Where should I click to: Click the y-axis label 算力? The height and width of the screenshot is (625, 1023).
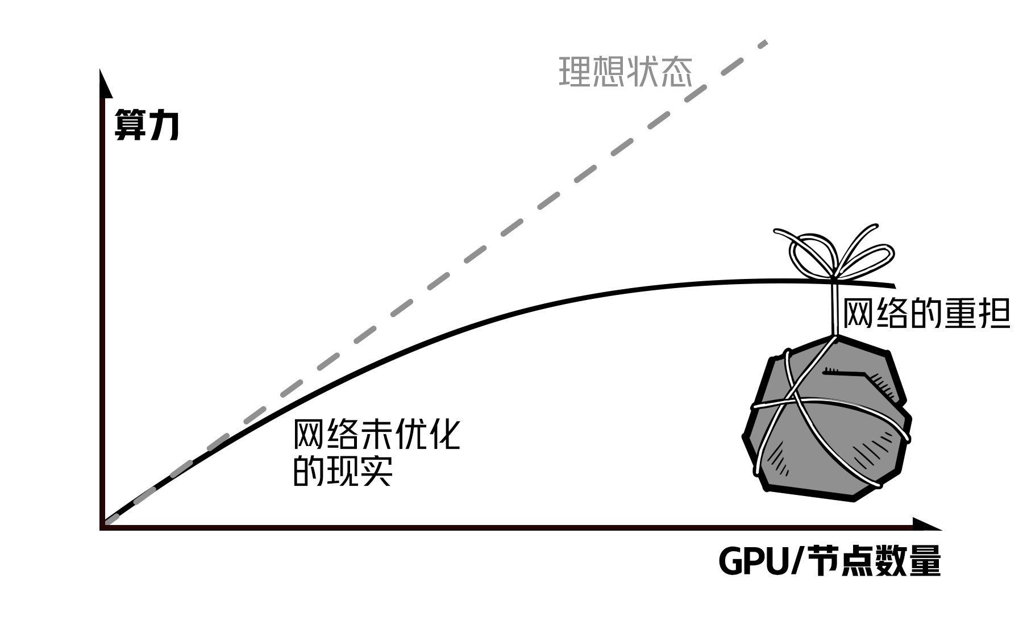coord(147,124)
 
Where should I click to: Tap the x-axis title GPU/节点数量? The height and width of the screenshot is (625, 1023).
coord(830,561)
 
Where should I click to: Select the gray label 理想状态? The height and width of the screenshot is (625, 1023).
coord(625,72)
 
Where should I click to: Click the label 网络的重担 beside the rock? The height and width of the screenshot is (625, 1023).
coord(926,313)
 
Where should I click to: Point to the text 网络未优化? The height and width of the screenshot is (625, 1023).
coord(376,435)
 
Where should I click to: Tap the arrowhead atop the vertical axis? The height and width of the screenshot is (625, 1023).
coord(104,82)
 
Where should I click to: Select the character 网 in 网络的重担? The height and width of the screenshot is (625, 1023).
coord(858,313)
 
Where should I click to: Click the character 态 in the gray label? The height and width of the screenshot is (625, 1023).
coord(677,72)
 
